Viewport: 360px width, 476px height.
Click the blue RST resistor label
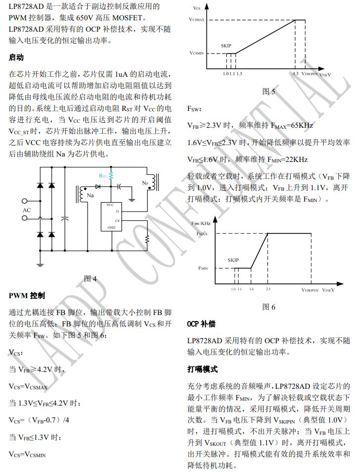(103, 176)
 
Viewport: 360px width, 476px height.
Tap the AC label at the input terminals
(27, 210)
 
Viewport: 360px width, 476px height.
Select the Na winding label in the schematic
(90, 195)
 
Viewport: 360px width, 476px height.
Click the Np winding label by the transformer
(145, 183)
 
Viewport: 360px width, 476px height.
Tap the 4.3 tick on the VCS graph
(295, 73)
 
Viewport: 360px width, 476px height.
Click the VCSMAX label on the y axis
(199, 18)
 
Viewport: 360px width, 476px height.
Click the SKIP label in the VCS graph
(226, 46)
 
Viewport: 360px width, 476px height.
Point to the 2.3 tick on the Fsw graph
(268, 289)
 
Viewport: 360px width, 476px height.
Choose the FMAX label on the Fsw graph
(202, 233)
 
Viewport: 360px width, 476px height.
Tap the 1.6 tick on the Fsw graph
(251, 289)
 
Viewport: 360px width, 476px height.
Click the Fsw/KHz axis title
(202, 223)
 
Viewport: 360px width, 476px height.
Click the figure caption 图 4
(91, 278)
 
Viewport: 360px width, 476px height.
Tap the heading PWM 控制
(27, 296)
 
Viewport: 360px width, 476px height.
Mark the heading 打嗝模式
(202, 370)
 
